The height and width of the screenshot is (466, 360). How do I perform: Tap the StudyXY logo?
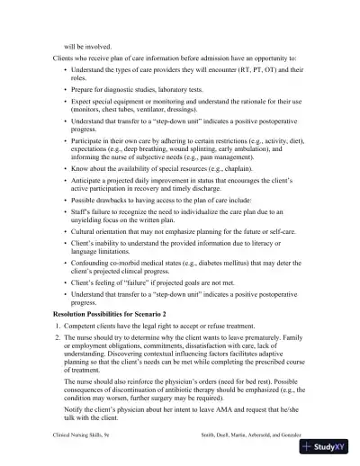329,445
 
